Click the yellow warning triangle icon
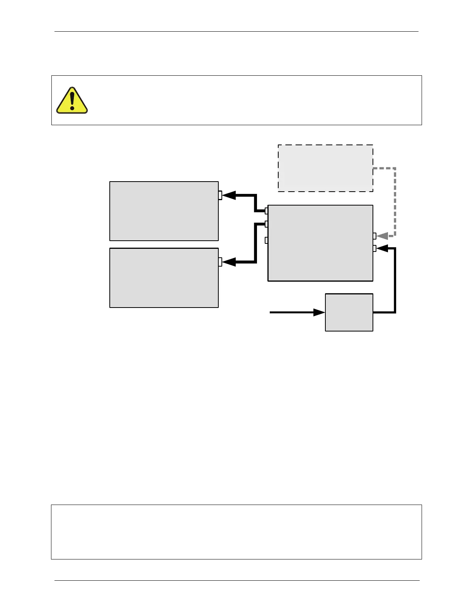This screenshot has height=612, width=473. [72, 101]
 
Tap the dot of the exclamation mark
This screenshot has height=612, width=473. [72, 109]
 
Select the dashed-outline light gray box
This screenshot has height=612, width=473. [325, 168]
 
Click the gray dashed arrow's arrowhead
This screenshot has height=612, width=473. [382, 236]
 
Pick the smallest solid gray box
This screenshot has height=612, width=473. [349, 312]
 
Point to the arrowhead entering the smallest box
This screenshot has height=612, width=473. [319, 312]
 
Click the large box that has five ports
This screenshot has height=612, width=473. [320, 243]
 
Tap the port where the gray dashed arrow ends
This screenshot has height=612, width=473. [374, 236]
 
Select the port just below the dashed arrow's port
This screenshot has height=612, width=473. [374, 248]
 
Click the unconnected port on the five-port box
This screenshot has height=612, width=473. [266, 240]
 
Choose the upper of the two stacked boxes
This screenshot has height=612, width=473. [164, 211]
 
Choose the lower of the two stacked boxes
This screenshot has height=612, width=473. [164, 278]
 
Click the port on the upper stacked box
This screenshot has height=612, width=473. [220, 195]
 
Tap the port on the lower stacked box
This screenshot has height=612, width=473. [220, 262]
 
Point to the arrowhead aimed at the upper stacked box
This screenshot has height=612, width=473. [229, 195]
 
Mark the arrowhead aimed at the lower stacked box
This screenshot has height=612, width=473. [229, 262]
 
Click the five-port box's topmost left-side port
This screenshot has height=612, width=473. [266, 211]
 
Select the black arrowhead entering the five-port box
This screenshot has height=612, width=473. [382, 248]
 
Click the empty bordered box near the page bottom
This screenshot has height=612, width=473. [236, 532]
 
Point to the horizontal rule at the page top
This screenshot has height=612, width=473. [236, 32]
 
